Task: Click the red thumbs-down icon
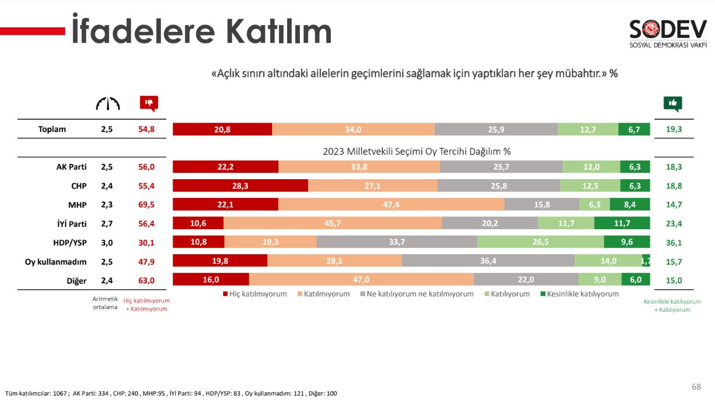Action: point(149,104)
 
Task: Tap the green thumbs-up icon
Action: point(673,104)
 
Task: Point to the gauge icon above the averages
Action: point(108,104)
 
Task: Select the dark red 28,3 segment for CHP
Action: point(240,186)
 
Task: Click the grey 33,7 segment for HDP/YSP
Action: point(396,242)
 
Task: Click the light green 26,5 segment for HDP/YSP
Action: point(540,242)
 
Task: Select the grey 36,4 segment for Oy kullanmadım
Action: point(488,261)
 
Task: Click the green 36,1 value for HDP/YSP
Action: point(674,243)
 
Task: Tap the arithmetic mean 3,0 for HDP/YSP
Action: point(107,243)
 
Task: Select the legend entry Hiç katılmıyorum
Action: point(254,294)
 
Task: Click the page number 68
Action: point(696,387)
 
